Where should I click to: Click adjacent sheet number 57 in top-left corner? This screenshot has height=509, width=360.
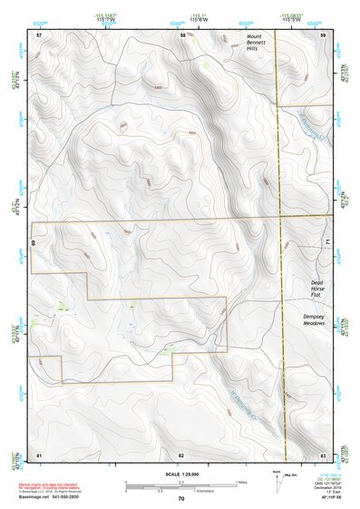tap(39, 34)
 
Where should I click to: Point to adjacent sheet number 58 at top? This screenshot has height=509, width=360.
tap(182, 34)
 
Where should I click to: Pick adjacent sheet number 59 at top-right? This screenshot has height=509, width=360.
tap(324, 34)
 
